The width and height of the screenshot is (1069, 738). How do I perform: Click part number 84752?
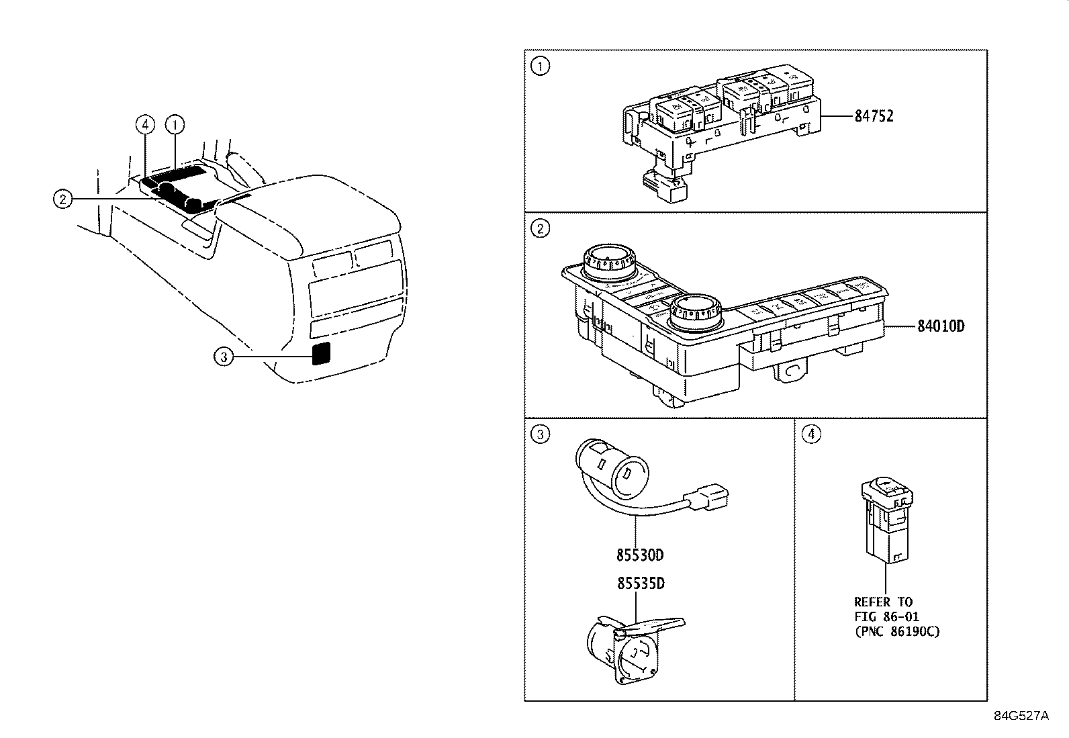(x=874, y=116)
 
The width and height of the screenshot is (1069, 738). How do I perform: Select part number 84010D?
(x=941, y=327)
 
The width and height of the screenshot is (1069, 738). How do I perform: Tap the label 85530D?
(x=641, y=555)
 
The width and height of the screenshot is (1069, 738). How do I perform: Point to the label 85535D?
(x=641, y=583)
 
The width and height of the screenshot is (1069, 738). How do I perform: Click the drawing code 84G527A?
(x=1021, y=716)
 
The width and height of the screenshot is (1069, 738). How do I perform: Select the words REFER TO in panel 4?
(x=883, y=602)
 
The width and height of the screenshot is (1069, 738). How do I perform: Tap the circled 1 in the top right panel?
(x=540, y=66)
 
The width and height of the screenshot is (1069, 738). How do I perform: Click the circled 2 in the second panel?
(x=540, y=229)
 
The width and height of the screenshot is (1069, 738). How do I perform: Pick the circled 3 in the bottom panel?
(x=540, y=434)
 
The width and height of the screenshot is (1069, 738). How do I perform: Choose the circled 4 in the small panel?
(x=811, y=434)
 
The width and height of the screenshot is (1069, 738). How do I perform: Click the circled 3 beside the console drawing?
(x=224, y=357)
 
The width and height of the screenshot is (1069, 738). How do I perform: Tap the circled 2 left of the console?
(x=62, y=199)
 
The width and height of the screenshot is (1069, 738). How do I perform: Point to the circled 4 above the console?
(x=145, y=124)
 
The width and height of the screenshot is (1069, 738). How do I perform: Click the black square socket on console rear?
(x=322, y=353)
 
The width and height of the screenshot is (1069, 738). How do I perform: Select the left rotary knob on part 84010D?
(x=608, y=262)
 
